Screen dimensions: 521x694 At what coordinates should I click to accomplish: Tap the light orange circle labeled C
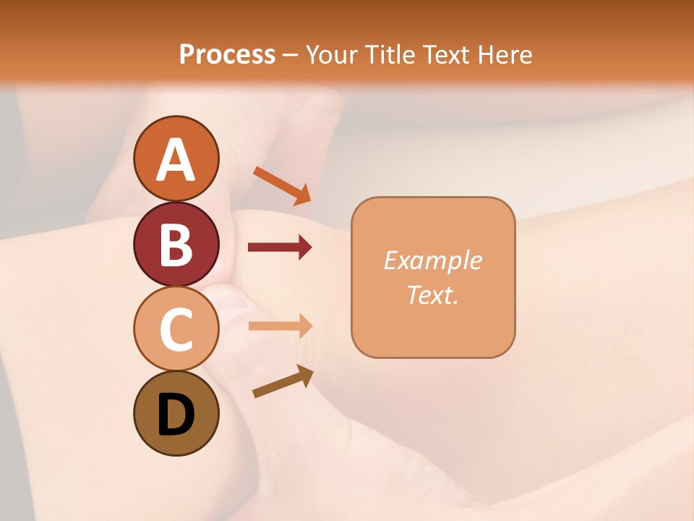(176, 329)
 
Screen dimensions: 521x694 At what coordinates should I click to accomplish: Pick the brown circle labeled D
(176, 413)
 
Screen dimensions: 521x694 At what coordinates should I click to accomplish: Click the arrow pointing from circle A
(282, 185)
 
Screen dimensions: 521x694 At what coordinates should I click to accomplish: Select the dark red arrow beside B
(280, 247)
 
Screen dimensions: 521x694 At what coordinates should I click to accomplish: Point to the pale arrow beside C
(280, 326)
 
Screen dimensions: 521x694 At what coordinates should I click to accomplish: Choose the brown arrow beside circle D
(283, 381)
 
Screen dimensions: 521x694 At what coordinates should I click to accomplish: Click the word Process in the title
(227, 54)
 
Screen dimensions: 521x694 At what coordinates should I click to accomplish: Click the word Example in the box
(432, 260)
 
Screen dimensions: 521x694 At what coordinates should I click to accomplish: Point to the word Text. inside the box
(432, 295)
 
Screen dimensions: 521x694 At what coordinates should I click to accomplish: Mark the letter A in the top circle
(176, 160)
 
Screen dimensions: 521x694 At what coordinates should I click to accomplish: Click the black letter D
(176, 415)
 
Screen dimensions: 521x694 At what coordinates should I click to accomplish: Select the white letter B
(176, 245)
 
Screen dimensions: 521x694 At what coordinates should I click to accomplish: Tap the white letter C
(176, 329)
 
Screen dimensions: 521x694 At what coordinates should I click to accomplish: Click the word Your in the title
(333, 54)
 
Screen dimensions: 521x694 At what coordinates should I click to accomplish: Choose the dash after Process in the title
(291, 55)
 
